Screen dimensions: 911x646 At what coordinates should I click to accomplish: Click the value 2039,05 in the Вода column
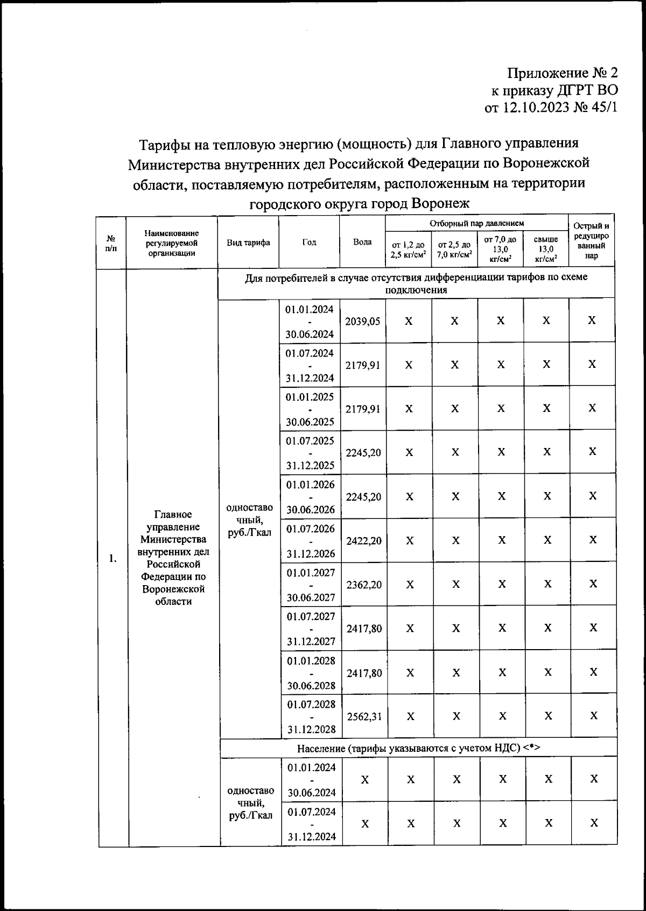363,321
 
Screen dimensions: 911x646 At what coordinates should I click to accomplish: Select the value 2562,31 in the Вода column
364,716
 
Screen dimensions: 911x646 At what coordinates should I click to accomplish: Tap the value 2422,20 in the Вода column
364,541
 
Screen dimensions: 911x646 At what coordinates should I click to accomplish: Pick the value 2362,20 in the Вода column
364,585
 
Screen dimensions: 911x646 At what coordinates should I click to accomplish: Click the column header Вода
362,242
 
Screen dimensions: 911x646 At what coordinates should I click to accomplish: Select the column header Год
309,242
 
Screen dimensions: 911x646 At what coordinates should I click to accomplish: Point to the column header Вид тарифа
248,243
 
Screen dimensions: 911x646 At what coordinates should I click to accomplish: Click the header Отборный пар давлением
476,223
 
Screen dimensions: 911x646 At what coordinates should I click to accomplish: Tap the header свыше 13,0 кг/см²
546,249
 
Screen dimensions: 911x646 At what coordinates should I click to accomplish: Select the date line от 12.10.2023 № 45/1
550,108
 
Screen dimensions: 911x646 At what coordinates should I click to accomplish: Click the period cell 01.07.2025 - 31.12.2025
310,453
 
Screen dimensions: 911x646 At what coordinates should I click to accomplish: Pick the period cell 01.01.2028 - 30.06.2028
311,673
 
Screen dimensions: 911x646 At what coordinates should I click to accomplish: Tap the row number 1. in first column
113,558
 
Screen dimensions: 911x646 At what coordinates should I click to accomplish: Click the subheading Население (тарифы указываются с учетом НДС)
418,748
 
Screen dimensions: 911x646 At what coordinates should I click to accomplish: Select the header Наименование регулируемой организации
172,243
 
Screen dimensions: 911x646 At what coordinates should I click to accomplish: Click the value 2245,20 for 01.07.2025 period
363,453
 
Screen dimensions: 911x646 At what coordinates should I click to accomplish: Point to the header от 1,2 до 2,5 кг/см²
408,250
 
